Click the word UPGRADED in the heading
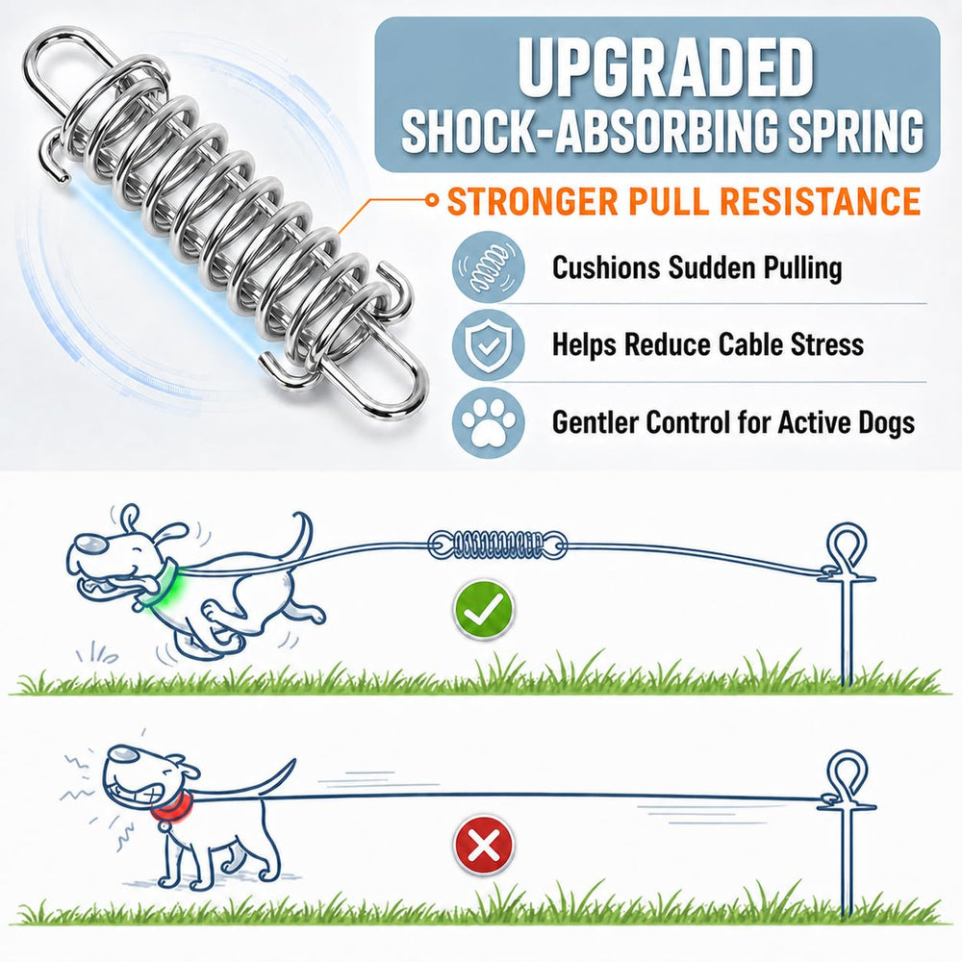coord(666,67)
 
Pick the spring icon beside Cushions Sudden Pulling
coord(489,267)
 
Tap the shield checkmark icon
coord(489,344)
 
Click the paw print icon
coord(489,422)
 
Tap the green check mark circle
coord(483,609)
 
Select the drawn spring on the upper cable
coord(497,544)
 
